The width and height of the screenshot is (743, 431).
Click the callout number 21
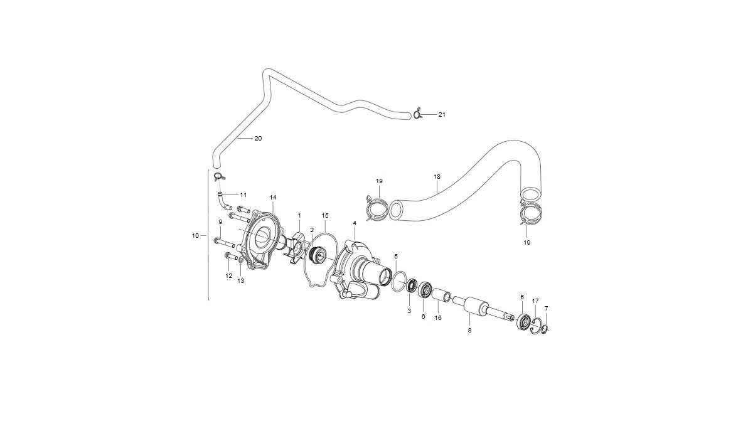coord(442,115)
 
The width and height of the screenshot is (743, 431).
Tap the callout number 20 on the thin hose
coord(258,138)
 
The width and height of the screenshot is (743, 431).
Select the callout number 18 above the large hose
coord(436,177)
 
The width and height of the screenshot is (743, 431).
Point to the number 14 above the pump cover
coord(273,197)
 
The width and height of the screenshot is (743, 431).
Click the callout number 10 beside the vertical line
coord(195,235)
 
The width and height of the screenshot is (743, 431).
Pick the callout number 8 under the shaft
coord(469,331)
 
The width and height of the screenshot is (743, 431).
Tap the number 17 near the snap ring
coord(535,301)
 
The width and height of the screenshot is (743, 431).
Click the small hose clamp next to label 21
coord(417,114)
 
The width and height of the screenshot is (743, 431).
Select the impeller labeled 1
coord(294,245)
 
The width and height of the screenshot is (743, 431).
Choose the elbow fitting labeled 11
coord(223,201)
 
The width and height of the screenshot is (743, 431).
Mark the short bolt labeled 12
coord(231,258)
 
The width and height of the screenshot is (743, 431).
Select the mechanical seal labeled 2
coord(317,255)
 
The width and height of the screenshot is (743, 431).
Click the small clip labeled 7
coord(545,329)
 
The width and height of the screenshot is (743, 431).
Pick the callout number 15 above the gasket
coord(325,216)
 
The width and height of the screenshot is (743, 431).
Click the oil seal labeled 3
coord(410,286)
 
